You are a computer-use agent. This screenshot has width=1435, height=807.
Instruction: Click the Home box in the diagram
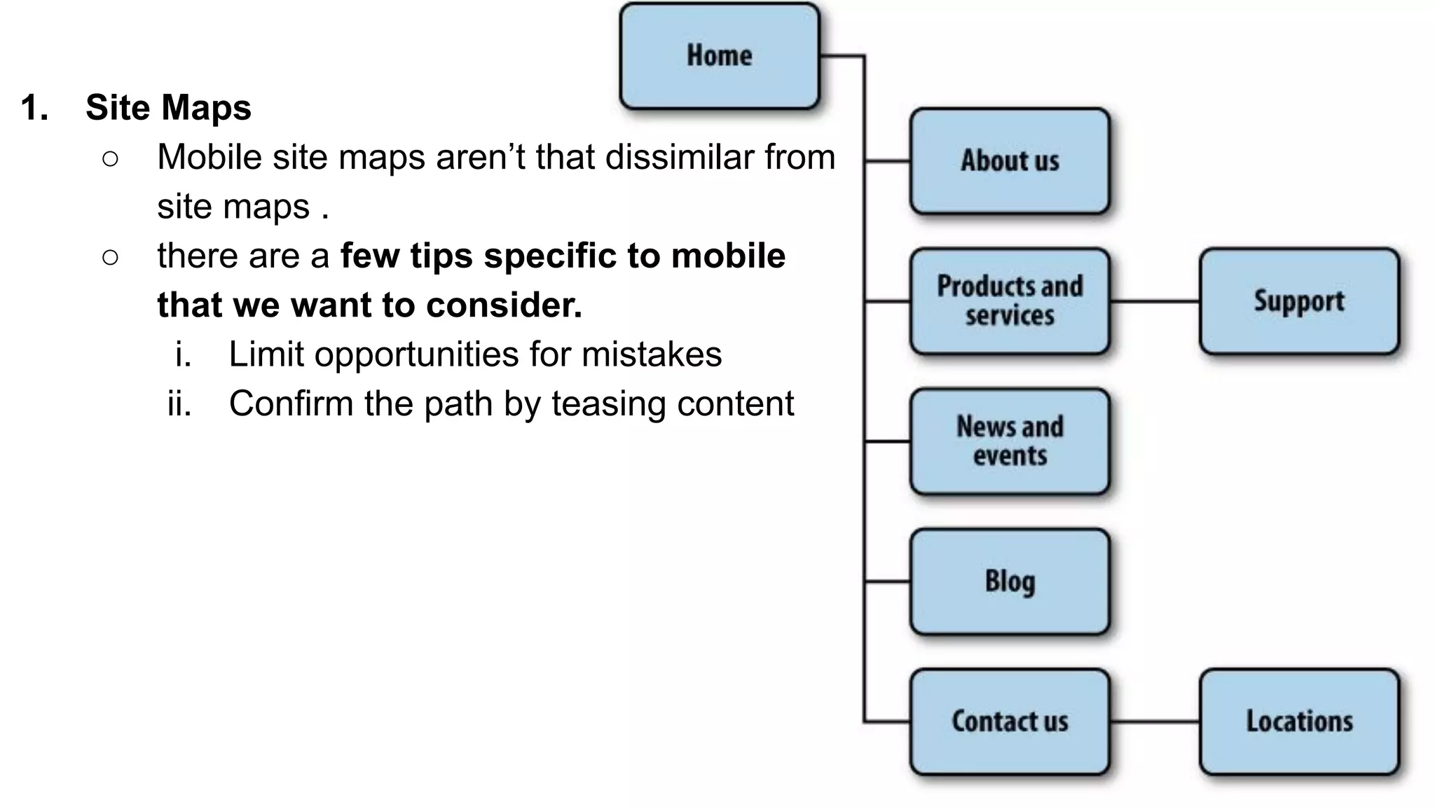(720, 56)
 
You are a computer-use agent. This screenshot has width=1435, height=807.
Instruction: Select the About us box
(1010, 161)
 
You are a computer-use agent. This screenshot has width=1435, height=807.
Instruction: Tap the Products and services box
(1010, 301)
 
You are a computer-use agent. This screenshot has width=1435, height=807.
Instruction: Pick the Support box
(1299, 301)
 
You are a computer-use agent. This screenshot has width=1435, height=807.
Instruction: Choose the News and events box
(1010, 441)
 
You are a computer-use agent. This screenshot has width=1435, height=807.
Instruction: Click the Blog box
(1010, 581)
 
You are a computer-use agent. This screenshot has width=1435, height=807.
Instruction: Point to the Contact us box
(1010, 722)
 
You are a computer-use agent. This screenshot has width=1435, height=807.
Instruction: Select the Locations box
(1299, 722)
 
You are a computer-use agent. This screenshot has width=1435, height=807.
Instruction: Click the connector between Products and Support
(1155, 301)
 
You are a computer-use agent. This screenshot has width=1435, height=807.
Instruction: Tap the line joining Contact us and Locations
(1155, 721)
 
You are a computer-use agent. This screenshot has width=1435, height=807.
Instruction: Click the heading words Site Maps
(168, 108)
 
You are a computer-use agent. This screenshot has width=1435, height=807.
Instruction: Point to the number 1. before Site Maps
(34, 108)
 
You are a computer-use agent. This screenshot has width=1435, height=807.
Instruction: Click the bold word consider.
(504, 305)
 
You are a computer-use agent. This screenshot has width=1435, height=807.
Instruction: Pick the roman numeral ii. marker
(179, 404)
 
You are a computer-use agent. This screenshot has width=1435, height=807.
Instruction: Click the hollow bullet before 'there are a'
(110, 257)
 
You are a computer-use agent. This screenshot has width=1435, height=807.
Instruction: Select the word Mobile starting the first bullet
(209, 157)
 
